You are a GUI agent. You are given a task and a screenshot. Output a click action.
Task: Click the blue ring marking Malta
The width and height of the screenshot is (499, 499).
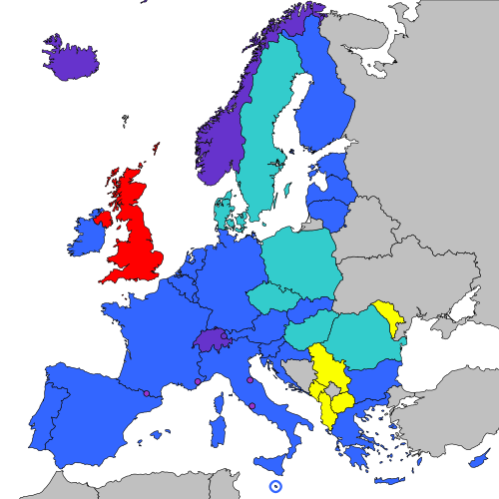coord(275,486)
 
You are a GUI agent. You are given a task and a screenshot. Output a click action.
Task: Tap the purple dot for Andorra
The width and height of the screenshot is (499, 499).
coord(147,394)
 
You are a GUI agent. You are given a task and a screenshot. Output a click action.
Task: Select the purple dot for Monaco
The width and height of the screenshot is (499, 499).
coord(198,381)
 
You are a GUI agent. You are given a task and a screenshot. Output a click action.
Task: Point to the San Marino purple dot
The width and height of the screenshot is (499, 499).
coord(249,379)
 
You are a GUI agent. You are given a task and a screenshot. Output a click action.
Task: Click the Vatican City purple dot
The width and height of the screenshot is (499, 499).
coord(251,405)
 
